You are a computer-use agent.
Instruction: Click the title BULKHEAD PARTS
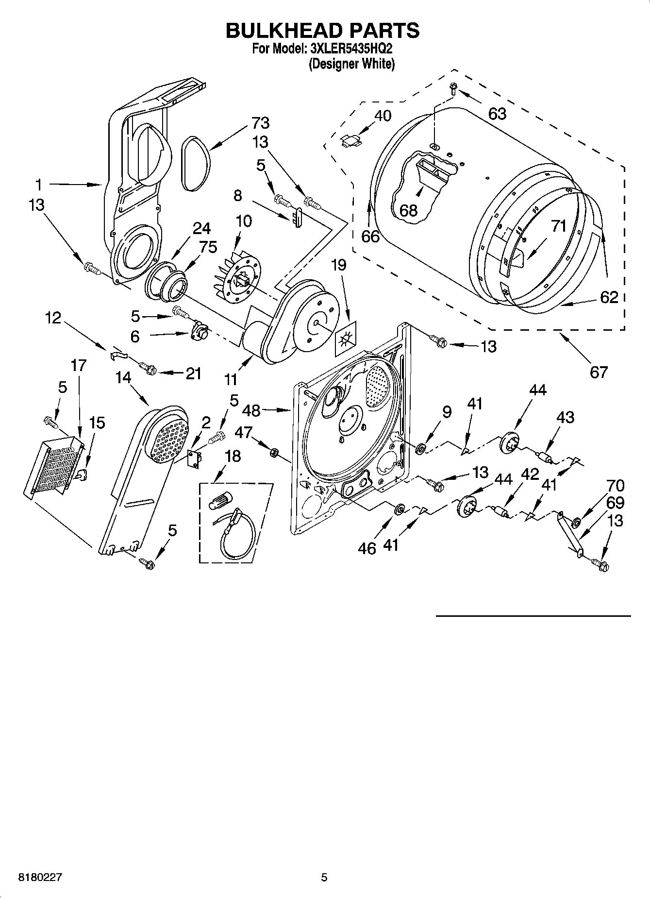click(322, 31)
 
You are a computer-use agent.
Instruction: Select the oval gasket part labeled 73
click(196, 162)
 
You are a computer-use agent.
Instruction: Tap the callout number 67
click(599, 372)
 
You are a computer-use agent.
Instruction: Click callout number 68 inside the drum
click(408, 210)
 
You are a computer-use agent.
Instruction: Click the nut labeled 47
click(273, 453)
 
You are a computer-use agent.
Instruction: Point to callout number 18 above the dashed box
click(233, 456)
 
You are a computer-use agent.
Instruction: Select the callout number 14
click(123, 377)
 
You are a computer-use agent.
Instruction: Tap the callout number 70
click(615, 486)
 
